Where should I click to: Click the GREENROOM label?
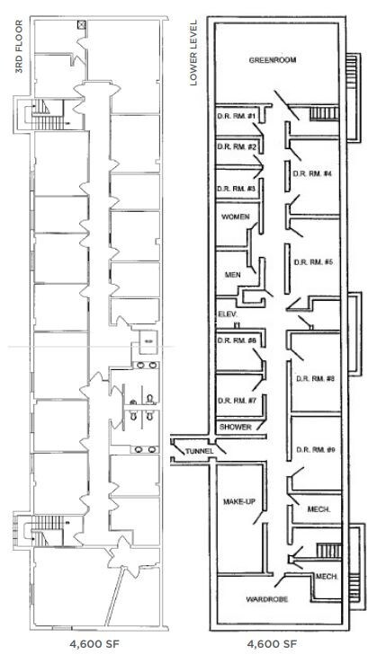pos(273,60)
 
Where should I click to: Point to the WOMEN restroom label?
pos(236,217)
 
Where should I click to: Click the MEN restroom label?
pos(232,275)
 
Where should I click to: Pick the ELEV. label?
pos(226,314)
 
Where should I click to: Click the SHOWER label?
pos(236,427)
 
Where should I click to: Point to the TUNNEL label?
pos(199,452)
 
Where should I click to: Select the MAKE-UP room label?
pos(238,502)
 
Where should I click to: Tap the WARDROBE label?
pos(267,599)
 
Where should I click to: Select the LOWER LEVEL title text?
pos(193,52)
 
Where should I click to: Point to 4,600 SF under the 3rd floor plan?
pos(94,644)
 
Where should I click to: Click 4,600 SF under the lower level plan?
pos(272,644)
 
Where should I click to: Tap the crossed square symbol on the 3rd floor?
pos(81,25)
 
